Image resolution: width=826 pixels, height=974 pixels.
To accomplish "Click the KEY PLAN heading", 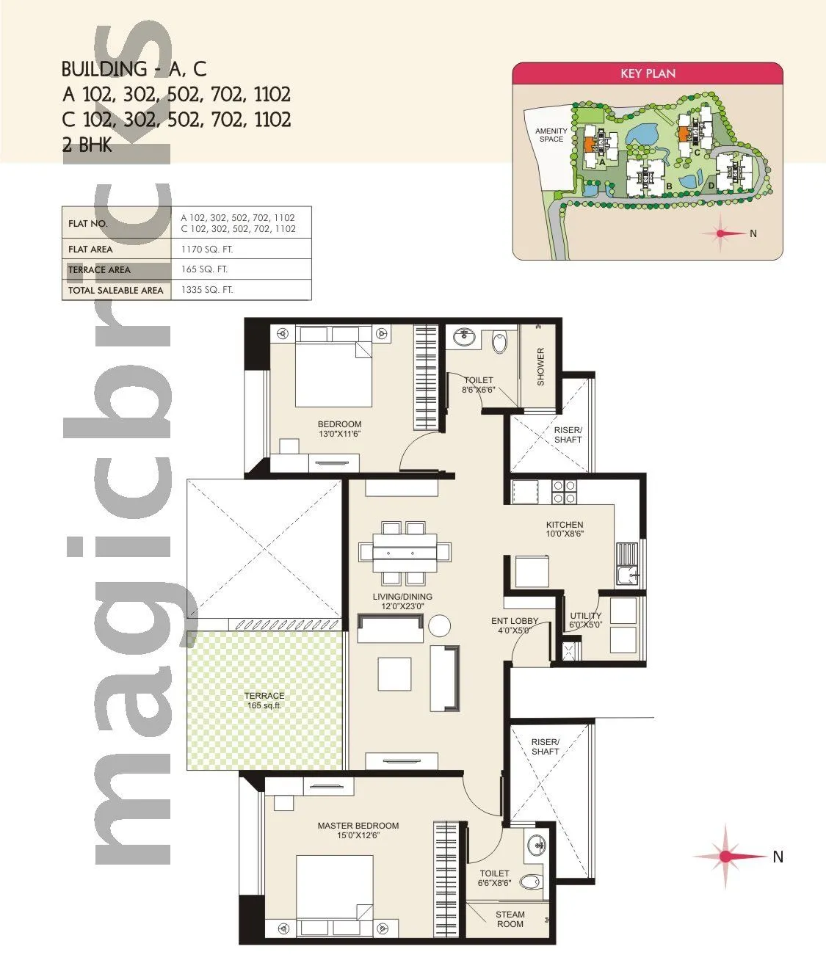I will [x=648, y=73].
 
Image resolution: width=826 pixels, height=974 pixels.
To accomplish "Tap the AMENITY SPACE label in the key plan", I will [x=551, y=135].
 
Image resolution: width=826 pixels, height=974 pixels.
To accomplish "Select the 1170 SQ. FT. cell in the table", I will [x=207, y=250].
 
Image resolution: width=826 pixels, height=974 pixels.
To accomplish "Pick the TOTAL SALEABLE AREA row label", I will [x=116, y=291].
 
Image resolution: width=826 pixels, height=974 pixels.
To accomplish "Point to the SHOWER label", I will [x=541, y=366].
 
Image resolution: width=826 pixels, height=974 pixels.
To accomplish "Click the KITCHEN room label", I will [x=565, y=529].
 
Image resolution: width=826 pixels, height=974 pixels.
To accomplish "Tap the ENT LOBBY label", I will [x=515, y=625].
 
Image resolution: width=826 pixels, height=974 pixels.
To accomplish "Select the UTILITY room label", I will [x=586, y=620].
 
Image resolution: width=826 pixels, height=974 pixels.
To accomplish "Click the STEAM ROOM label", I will [x=510, y=920].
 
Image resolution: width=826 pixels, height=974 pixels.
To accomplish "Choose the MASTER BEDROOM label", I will [x=358, y=830].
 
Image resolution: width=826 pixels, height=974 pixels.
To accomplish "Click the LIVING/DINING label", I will [x=402, y=601].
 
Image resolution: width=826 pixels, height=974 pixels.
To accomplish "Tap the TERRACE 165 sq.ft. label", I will [x=264, y=700].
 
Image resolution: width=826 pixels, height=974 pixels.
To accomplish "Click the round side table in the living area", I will [x=440, y=626].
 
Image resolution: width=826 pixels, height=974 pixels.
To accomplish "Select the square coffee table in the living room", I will [x=394, y=674].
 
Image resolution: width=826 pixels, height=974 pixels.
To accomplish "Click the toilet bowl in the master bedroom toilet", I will [x=530, y=882].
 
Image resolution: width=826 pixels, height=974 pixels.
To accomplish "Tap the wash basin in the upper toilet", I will [x=463, y=338].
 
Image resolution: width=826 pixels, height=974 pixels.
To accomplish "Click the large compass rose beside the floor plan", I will [x=725, y=856].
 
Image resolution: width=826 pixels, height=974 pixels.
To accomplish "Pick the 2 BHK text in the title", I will [x=87, y=145].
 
